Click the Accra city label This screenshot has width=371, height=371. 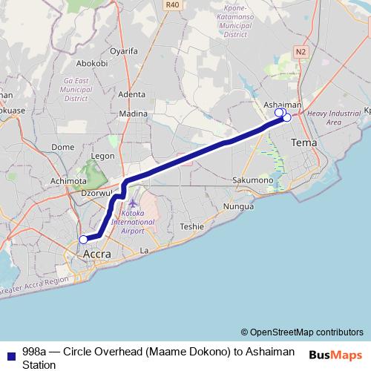click(96, 254)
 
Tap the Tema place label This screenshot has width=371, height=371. click(304, 142)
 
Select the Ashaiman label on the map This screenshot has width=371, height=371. click(283, 105)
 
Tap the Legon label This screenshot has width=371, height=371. click(102, 156)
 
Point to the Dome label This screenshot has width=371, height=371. click(62, 147)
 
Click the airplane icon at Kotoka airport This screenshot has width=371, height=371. click(133, 204)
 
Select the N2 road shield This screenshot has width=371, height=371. click(300, 51)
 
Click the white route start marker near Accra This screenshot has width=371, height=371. click(84, 239)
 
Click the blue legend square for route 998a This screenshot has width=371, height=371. click(10, 352)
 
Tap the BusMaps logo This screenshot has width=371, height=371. click(335, 355)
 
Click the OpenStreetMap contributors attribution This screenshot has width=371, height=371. click(302, 332)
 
